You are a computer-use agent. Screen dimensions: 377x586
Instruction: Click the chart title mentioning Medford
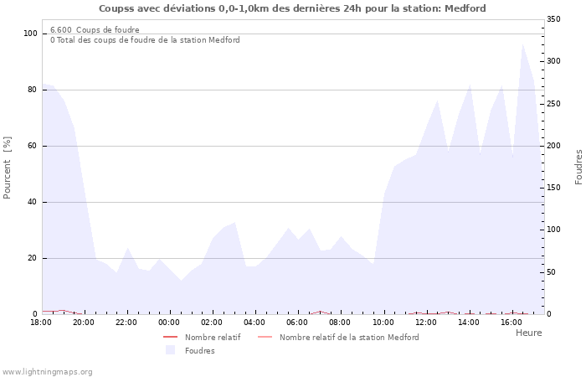pyautogui.click(x=292, y=8)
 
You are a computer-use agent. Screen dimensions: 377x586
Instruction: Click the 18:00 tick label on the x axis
pyautogui.click(x=41, y=323)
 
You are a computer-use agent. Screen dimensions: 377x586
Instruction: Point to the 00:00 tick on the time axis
pyautogui.click(x=169, y=323)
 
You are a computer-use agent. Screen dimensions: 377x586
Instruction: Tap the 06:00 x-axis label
pyautogui.click(x=297, y=323)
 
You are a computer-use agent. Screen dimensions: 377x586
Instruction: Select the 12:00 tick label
pyautogui.click(x=425, y=323)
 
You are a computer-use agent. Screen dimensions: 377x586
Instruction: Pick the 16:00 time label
pyautogui.click(x=511, y=323)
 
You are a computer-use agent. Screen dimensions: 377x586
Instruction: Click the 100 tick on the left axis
pyautogui.click(x=30, y=34)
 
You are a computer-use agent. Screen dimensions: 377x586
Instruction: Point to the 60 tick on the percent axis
pyautogui.click(x=33, y=146)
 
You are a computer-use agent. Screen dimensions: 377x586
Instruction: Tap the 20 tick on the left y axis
pyautogui.click(x=33, y=258)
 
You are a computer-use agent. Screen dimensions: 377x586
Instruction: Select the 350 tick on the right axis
pyautogui.click(x=553, y=18)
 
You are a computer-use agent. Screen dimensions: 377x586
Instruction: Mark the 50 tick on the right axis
pyautogui.click(x=552, y=272)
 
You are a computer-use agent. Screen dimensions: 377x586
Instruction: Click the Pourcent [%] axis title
pyautogui.click(x=8, y=168)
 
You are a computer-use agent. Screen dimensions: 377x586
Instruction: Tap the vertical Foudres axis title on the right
pyautogui.click(x=578, y=167)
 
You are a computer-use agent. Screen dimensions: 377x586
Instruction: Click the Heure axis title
pyautogui.click(x=528, y=333)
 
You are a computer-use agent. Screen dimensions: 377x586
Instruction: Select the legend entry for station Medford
pyautogui.click(x=348, y=337)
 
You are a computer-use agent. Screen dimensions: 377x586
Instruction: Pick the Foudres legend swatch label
pyautogui.click(x=199, y=350)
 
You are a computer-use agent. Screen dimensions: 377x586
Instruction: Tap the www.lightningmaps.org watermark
pyautogui.click(x=47, y=371)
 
